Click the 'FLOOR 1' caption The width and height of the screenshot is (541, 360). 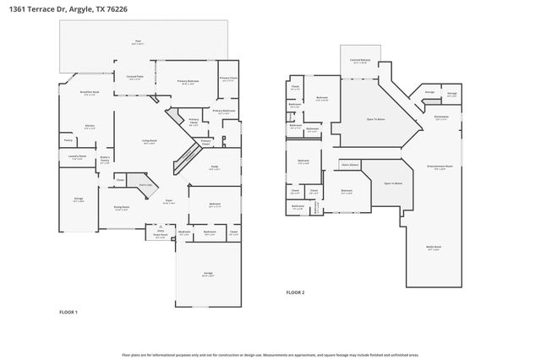pyautogui.click(x=68, y=312)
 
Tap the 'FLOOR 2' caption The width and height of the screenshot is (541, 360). pyautogui.click(x=294, y=292)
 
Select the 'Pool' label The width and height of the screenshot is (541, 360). pyautogui.click(x=138, y=41)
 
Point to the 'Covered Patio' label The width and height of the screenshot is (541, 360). pyautogui.click(x=134, y=77)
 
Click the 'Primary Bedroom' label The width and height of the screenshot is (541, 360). pyautogui.click(x=188, y=81)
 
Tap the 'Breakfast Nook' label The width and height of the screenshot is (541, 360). pyautogui.click(x=90, y=92)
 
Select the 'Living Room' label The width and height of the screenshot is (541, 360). pyautogui.click(x=149, y=141)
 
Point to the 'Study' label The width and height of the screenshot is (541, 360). pyautogui.click(x=215, y=166)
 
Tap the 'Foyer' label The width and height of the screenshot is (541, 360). pyautogui.click(x=169, y=201)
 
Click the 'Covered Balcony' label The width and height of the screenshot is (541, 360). pyautogui.click(x=360, y=60)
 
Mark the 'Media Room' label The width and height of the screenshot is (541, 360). pyautogui.click(x=434, y=248)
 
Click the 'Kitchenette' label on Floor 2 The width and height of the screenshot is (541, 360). pyautogui.click(x=440, y=117)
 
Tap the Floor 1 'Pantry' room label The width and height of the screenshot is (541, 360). pyautogui.click(x=68, y=140)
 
